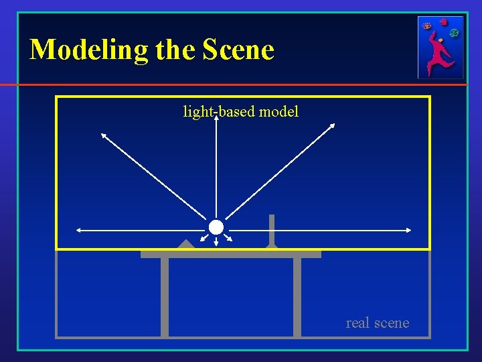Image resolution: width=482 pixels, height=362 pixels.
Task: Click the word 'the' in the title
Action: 175,50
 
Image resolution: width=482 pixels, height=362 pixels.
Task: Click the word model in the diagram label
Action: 278,111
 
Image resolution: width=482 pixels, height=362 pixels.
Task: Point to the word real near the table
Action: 357,323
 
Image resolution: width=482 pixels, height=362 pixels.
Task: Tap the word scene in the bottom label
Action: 392,323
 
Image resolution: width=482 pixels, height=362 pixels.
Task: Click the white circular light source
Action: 216,227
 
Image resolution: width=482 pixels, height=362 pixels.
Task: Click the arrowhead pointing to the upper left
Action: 102,134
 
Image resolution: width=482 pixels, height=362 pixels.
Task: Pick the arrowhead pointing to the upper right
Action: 332,125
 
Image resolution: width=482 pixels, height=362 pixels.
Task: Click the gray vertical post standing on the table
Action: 271,230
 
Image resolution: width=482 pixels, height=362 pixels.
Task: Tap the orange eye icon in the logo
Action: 427,26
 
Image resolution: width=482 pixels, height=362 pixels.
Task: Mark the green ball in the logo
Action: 455,32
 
